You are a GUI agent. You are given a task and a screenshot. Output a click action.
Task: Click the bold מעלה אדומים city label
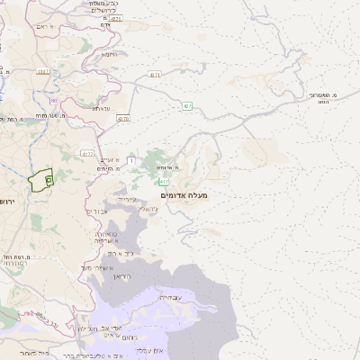[x=184, y=195]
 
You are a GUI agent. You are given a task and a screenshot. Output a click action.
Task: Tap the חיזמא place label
[x=109, y=55]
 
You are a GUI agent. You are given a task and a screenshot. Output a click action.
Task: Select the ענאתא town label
[x=102, y=109]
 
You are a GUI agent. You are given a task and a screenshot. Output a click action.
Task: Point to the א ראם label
[x=46, y=27]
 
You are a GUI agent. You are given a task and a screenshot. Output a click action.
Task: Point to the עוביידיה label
[x=168, y=298]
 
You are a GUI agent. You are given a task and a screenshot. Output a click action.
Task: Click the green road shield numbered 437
[x=187, y=106]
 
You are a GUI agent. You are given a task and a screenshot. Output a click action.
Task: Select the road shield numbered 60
[x=54, y=100]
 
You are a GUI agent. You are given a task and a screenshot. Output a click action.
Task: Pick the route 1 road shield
[x=131, y=160]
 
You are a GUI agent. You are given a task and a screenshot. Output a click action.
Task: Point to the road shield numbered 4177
[x=87, y=154]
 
